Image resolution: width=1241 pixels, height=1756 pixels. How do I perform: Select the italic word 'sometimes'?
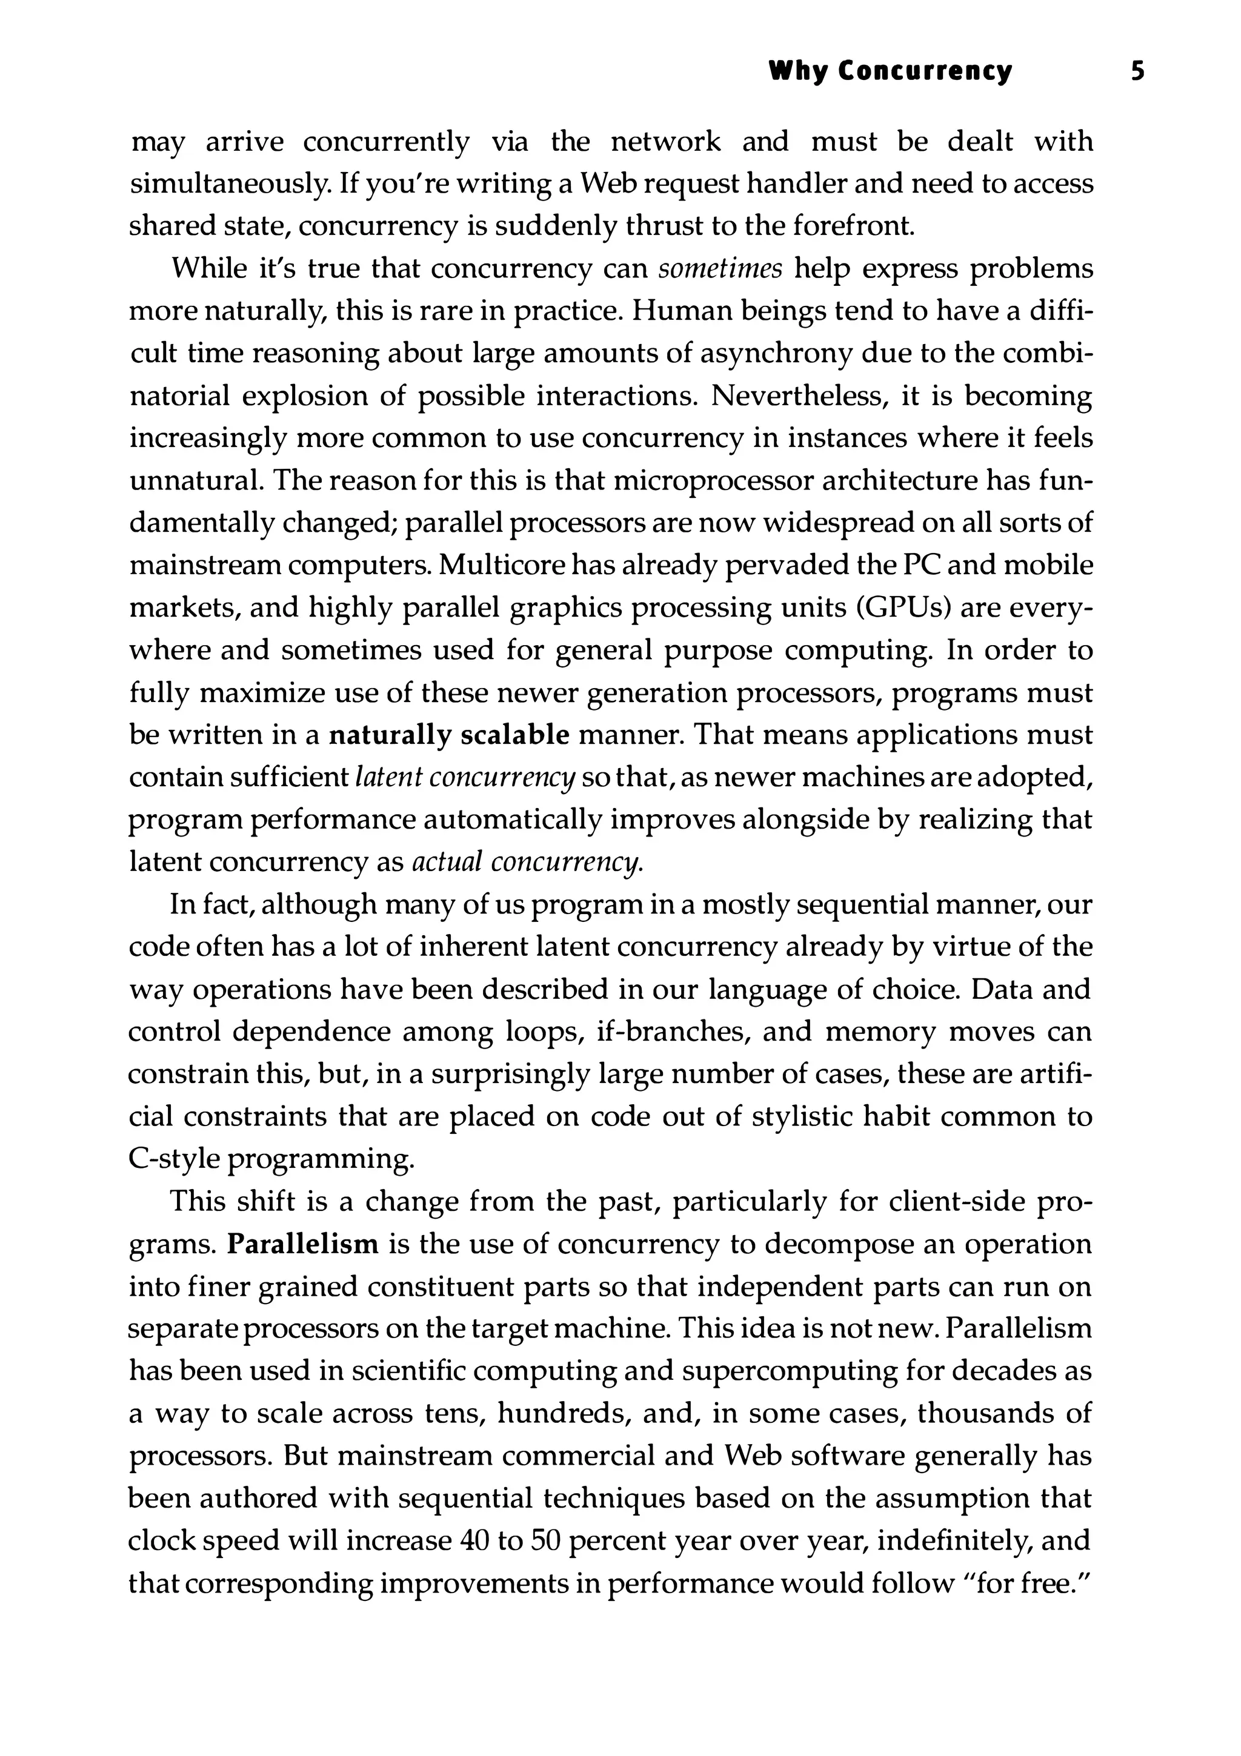pyautogui.click(x=720, y=269)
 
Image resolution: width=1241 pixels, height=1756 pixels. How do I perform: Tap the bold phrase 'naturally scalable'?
pyautogui.click(x=449, y=735)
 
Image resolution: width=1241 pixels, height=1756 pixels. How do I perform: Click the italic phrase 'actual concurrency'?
pyautogui.click(x=527, y=863)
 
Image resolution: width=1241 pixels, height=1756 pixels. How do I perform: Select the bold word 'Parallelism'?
pyautogui.click(x=303, y=1244)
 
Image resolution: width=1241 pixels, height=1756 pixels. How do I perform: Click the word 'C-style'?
pyautogui.click(x=175, y=1159)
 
